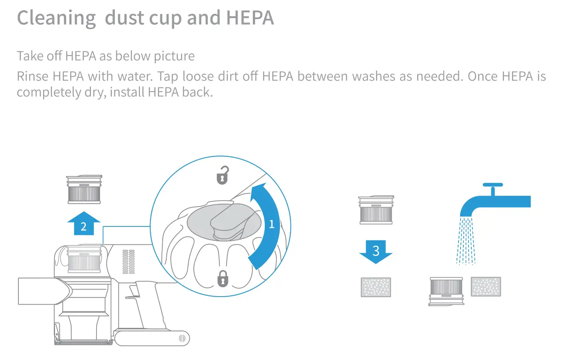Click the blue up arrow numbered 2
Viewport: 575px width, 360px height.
(x=84, y=224)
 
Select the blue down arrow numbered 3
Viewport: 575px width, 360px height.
(x=376, y=251)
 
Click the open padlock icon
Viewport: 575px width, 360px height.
(x=223, y=175)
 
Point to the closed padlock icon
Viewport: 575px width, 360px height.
(x=223, y=279)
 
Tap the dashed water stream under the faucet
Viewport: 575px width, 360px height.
(x=466, y=241)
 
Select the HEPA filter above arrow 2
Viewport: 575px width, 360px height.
(x=84, y=189)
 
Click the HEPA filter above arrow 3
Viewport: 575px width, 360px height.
(x=376, y=210)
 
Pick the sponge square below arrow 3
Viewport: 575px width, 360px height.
(x=376, y=287)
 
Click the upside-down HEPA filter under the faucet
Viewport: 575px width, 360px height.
(x=446, y=291)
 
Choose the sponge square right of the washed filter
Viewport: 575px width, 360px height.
(x=486, y=287)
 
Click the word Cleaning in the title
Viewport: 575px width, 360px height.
(x=56, y=18)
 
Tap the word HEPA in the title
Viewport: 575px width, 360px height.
(x=250, y=18)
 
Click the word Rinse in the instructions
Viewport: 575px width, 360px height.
(x=33, y=76)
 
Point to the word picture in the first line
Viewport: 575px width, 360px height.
(x=174, y=56)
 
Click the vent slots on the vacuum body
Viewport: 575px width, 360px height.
(x=128, y=262)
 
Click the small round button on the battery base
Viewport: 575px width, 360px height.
(x=182, y=338)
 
